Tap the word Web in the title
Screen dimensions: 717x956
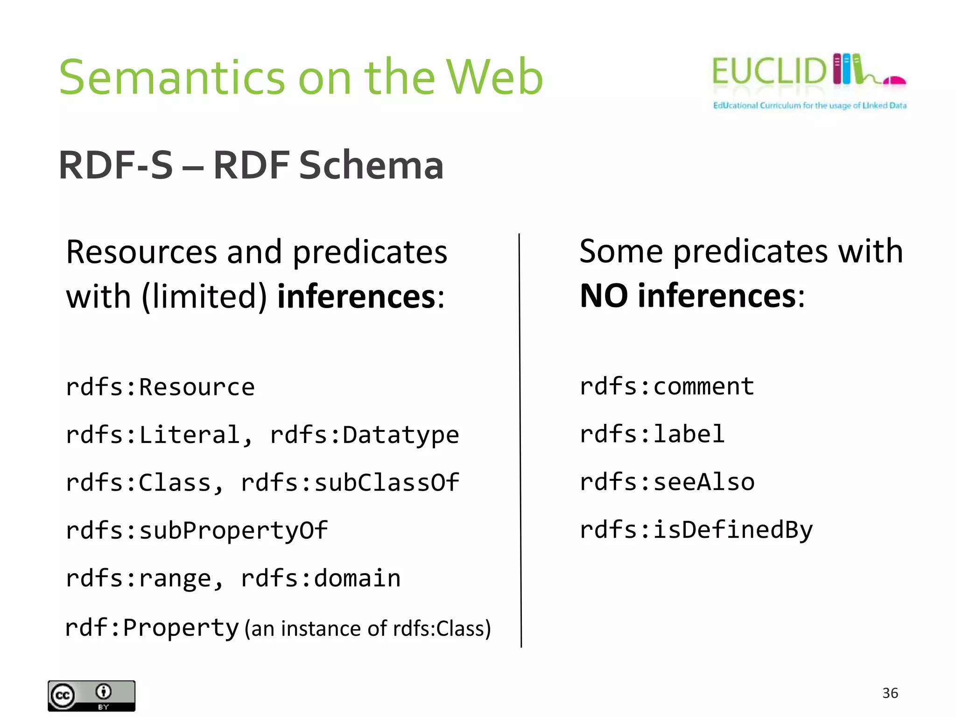[x=495, y=77]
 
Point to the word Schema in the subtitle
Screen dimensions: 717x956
[x=371, y=165]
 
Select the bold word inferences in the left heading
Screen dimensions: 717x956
[x=356, y=296]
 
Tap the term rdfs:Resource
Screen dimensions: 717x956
[x=160, y=387]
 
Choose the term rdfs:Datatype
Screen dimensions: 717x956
[x=365, y=435]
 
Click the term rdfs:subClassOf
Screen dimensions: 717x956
[x=350, y=483]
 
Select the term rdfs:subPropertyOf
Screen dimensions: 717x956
[x=197, y=531]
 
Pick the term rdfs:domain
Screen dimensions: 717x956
[x=321, y=578]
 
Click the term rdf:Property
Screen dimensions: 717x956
[x=152, y=627]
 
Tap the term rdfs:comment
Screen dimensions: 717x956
[x=667, y=387]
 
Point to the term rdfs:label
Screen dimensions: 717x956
[x=652, y=435]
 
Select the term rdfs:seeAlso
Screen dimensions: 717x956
[x=667, y=482]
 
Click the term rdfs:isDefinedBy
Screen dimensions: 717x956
[x=696, y=530]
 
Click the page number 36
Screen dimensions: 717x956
[x=890, y=693]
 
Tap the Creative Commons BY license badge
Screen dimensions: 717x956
[x=91, y=696]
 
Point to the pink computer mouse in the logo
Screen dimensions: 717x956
[x=894, y=81]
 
